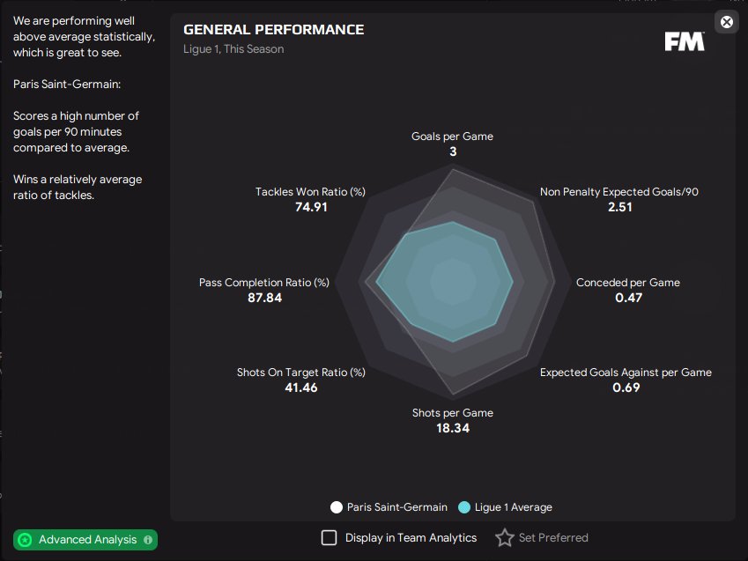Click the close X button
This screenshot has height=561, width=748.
tap(727, 22)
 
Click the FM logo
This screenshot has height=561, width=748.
tap(685, 41)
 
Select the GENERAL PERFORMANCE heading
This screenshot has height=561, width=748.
tap(273, 30)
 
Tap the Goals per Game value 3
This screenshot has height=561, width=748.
tap(453, 151)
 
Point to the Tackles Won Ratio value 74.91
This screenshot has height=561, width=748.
tap(311, 207)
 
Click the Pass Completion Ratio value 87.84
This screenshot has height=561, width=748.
tap(265, 298)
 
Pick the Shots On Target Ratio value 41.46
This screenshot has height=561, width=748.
tap(300, 388)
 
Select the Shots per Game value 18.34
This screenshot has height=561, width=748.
tap(453, 428)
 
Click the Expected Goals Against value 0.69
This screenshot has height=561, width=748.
tap(626, 388)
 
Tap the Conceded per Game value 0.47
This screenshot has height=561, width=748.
tap(628, 298)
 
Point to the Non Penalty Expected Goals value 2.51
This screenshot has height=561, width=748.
tap(619, 207)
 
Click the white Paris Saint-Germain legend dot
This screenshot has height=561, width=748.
tap(337, 507)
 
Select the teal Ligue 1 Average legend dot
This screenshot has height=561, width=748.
tap(464, 507)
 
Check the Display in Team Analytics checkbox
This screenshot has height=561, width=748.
tap(329, 537)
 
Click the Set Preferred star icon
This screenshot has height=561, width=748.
tap(504, 537)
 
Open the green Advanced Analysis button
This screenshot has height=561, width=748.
tap(85, 539)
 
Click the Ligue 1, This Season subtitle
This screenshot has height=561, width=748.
tap(233, 49)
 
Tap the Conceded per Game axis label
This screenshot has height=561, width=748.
tap(628, 283)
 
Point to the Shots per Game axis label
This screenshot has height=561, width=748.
tap(453, 413)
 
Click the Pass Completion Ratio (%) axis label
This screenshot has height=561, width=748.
tap(264, 283)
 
